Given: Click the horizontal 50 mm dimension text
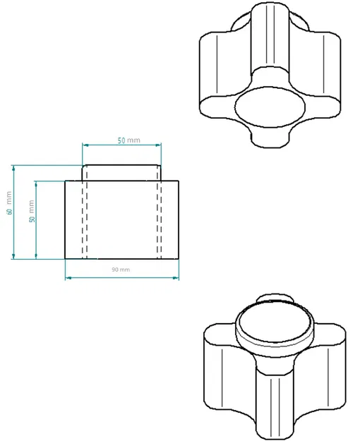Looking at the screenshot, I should [x=128, y=140].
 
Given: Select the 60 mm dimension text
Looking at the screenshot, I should [x=9, y=203].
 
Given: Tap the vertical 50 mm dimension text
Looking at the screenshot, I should [x=31, y=210].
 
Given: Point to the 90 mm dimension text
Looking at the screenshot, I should [x=121, y=270].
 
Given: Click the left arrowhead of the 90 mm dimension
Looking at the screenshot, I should [x=68, y=277].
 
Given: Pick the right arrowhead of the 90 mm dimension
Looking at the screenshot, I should [x=176, y=277].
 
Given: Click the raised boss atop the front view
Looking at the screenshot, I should [x=122, y=172].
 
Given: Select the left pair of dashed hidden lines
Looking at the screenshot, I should [x=85, y=219].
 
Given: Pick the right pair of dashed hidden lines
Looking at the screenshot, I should [x=160, y=219].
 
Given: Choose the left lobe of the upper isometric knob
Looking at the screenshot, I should [x=219, y=71].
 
